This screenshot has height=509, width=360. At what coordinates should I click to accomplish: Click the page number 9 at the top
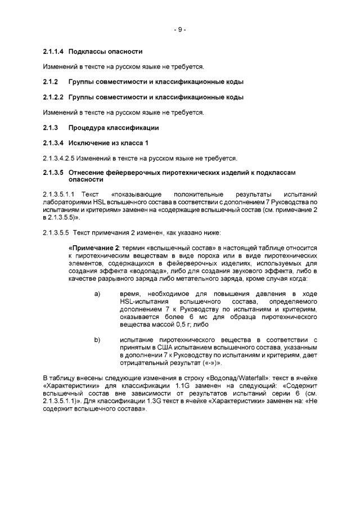[179, 30]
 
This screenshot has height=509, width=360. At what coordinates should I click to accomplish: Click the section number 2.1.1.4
[54, 52]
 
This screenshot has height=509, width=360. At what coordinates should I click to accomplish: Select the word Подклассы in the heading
[87, 52]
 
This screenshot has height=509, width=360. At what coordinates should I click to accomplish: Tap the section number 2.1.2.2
[54, 97]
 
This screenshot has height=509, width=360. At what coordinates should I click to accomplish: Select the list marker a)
[97, 294]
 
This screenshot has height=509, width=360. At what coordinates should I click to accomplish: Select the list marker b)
[97, 340]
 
